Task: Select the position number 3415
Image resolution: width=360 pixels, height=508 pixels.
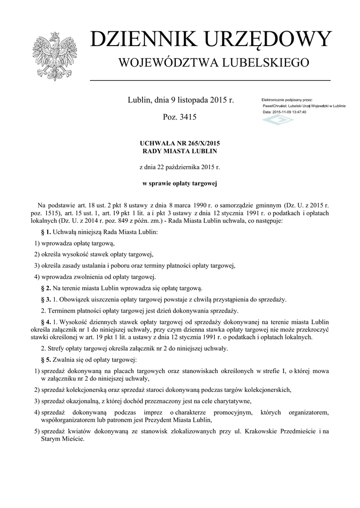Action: [x=188, y=118]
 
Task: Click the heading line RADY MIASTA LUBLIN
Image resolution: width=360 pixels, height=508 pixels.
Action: [x=180, y=151]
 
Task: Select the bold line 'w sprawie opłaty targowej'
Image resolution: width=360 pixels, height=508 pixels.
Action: [x=180, y=183]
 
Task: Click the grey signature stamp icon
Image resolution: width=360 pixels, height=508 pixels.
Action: [x=278, y=120]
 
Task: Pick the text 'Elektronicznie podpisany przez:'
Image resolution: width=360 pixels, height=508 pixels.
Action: [x=287, y=100]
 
